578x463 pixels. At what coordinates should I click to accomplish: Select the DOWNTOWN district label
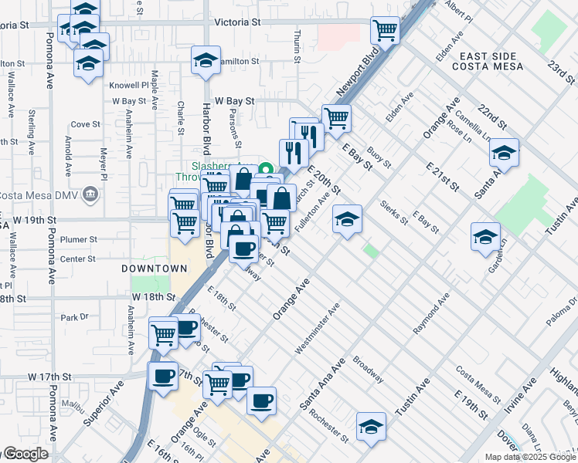(x=154, y=269)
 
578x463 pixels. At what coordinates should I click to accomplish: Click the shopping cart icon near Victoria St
(x=385, y=31)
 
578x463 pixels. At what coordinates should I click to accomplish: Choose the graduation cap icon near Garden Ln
(x=485, y=236)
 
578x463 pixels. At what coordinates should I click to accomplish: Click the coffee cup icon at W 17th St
(x=163, y=377)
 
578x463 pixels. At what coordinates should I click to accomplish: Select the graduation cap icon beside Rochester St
(x=371, y=426)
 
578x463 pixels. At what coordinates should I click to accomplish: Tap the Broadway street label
(x=368, y=370)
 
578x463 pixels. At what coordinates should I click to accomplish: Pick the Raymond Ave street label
(x=430, y=313)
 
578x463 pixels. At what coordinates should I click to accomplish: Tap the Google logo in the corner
(x=25, y=454)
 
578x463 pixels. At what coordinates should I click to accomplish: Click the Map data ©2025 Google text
(x=530, y=457)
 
